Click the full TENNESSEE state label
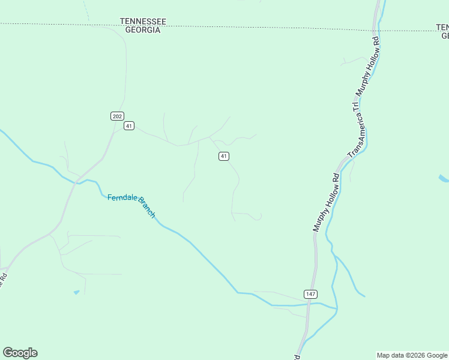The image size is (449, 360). click(x=143, y=21)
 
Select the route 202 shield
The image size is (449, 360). click(x=117, y=116)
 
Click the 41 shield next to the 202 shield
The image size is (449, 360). click(x=129, y=126)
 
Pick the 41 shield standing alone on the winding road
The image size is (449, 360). click(x=223, y=156)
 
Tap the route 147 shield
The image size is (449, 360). click(x=310, y=294)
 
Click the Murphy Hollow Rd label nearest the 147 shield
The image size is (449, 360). click(x=327, y=203)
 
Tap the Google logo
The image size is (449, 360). click(x=20, y=353)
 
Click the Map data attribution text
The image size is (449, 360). click(x=412, y=355)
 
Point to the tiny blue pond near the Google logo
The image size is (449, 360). click(x=76, y=292)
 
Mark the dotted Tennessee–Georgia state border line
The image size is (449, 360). click(x=240, y=27)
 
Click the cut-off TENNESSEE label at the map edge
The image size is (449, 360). click(x=442, y=27)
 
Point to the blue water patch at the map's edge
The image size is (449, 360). click(x=444, y=178)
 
